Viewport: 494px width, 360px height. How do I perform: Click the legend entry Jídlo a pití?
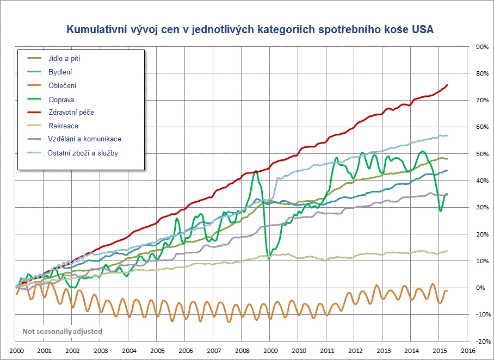click(64, 58)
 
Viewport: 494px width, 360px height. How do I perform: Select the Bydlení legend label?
click(60, 72)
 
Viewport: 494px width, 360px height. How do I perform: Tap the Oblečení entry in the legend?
click(62, 85)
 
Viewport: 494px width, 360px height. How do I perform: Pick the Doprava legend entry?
click(61, 100)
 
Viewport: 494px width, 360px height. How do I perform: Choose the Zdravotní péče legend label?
click(71, 113)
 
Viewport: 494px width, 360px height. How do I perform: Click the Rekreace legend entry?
click(63, 126)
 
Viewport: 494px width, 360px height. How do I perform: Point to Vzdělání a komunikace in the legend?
click(84, 139)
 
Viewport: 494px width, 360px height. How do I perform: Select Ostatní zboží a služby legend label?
click(83, 153)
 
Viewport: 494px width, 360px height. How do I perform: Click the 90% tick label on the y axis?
click(481, 47)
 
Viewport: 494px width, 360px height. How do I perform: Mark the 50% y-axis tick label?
click(481, 154)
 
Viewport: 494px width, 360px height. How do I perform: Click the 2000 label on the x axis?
click(16, 351)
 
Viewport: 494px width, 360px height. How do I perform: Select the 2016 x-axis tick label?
click(468, 351)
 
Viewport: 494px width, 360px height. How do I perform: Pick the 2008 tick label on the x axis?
click(242, 351)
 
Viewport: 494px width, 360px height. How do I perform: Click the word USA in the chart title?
click(423, 29)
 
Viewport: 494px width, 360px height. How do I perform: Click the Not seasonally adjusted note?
click(62, 331)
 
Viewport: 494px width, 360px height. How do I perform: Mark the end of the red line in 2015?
click(447, 85)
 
